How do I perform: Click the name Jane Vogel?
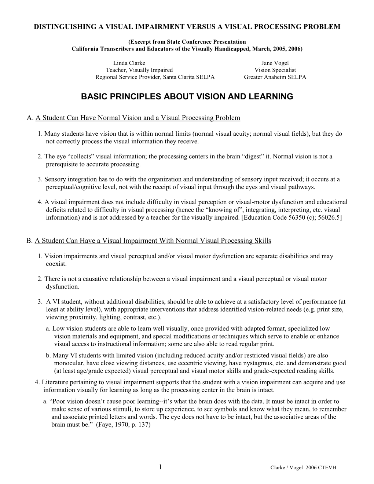point(275,63)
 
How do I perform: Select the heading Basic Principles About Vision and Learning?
point(187,97)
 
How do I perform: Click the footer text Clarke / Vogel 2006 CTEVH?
point(303,467)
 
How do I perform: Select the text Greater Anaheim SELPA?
point(275,77)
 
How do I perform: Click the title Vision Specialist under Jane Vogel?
point(275,70)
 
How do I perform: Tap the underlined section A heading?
point(138,118)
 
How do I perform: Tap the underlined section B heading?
point(153,241)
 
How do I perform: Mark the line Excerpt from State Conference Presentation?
point(187,42)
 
